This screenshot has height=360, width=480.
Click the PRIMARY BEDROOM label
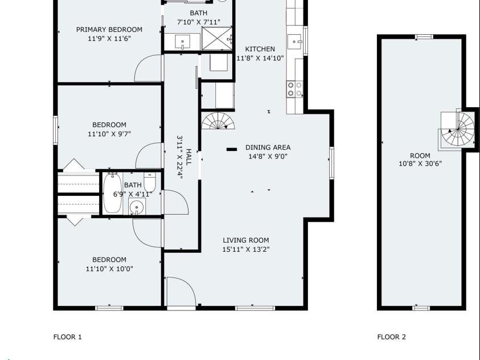[109, 30]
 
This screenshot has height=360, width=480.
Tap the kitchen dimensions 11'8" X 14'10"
[260, 58]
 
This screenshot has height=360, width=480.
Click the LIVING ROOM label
[245, 240]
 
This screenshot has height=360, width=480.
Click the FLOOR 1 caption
[68, 337]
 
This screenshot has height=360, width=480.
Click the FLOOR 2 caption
[391, 337]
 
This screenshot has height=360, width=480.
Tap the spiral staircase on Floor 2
[458, 129]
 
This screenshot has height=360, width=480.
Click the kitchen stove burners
[294, 89]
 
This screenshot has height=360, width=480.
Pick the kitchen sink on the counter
[294, 40]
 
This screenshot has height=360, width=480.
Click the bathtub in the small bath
[112, 194]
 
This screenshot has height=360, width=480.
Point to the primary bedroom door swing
[146, 69]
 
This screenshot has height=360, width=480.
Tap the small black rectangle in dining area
[232, 149]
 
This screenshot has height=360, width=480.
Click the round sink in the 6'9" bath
[137, 207]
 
